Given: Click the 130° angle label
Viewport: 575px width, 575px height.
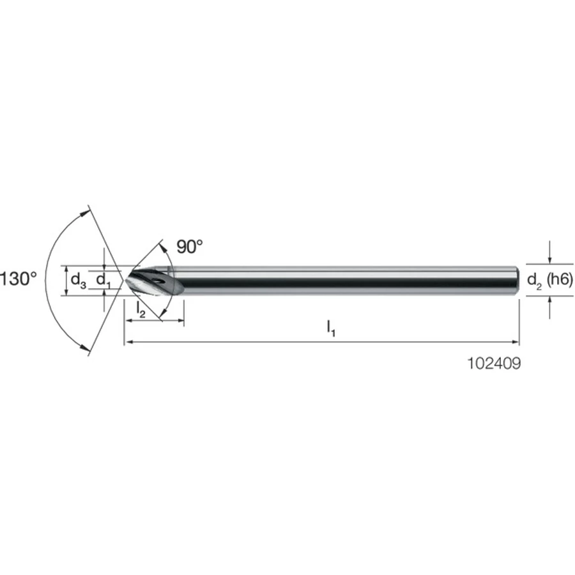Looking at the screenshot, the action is pos(19,279).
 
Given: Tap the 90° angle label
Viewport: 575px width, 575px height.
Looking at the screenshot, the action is pos(190,247).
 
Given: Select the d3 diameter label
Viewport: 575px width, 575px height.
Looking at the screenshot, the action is pos(78,280).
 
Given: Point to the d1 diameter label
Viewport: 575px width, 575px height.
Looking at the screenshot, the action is pos(103,280).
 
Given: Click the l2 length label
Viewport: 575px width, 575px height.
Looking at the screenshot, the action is pos(141,309).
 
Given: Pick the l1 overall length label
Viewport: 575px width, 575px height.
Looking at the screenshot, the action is pos(331,328).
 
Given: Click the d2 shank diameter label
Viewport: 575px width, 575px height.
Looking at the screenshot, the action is pos(534,281).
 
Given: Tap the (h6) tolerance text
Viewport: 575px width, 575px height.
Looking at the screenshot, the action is pos(560,280).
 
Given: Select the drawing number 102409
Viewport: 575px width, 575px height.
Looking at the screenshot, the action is pos(494,364).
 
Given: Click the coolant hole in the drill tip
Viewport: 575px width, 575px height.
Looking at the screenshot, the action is pos(160,282).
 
